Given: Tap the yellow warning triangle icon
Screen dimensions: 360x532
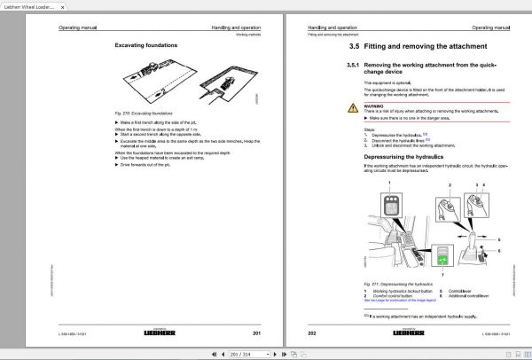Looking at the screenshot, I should [352, 107].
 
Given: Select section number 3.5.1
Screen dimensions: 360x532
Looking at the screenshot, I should [355, 66].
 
